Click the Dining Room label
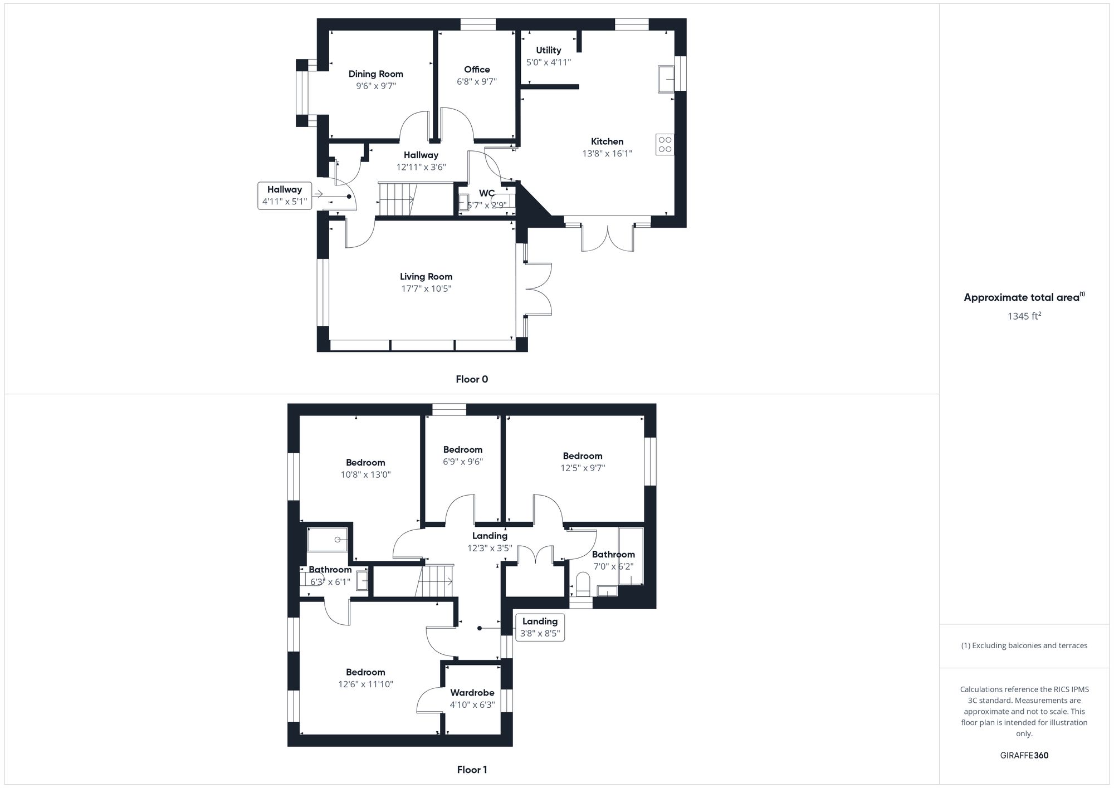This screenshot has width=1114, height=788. pos(375,74)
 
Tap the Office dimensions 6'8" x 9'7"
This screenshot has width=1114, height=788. pos(477,81)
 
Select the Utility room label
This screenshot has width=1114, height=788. pos(548,50)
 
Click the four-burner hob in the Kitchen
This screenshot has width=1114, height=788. pos(665,144)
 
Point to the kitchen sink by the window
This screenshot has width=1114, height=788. pos(666,79)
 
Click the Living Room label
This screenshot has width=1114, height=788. pos(426,277)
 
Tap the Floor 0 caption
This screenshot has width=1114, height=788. pos(472,379)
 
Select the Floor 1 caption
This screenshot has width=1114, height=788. pos(472,770)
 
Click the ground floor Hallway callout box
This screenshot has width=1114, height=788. pos(285,195)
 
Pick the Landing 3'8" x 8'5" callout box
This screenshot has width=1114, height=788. pos(540,627)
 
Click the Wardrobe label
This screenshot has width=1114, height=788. pos(472,693)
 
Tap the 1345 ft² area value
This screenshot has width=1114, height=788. pos(1024,316)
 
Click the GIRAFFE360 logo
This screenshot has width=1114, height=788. pos(1024,756)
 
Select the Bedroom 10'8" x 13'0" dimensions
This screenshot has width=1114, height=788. pos(365,475)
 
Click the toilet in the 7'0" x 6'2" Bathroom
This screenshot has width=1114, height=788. pos(583,584)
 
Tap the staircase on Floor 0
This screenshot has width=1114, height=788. pos(396,199)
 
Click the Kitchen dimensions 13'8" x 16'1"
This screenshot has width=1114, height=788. pos(607,154)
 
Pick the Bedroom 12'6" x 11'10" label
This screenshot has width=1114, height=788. pos(365,672)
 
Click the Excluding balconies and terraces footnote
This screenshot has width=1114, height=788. pos(1024,645)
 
